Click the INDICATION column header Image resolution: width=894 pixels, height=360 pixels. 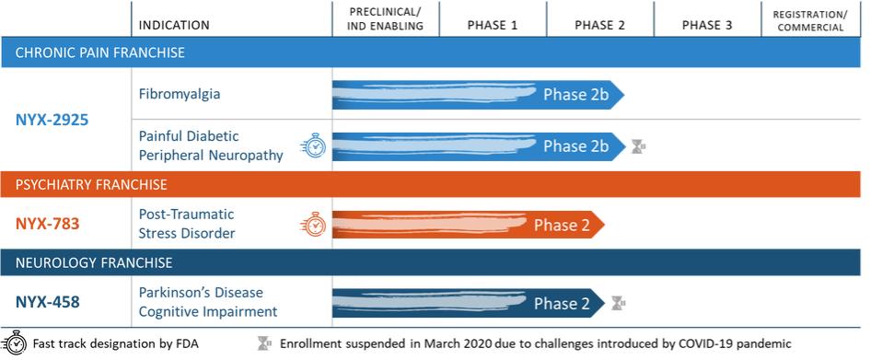(174, 25)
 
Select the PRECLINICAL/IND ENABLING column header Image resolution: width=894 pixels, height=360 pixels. (386, 18)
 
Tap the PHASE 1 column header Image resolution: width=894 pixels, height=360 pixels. (492, 25)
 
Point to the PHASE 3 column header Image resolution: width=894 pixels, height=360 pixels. (707, 25)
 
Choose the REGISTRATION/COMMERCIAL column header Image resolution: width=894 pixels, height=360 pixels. (810, 20)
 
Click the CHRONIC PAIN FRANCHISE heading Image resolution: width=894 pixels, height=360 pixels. (100, 52)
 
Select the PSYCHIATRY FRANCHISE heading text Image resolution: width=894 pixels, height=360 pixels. (91, 185)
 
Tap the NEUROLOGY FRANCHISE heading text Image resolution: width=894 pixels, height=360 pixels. (94, 262)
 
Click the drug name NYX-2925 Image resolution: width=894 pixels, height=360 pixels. (52, 120)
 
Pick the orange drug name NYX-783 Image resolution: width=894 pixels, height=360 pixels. (47, 224)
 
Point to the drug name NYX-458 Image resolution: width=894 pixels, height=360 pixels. (47, 302)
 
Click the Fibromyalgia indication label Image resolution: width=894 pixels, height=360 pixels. (180, 94)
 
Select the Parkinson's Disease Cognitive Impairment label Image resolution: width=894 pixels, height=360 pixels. (208, 302)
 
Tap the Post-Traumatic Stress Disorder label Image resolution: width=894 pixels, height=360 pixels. (187, 224)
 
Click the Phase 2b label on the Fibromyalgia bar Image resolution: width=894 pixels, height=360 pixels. (575, 95)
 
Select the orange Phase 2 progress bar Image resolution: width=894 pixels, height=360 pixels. (468, 225)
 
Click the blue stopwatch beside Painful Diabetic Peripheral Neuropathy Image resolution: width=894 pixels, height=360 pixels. (313, 145)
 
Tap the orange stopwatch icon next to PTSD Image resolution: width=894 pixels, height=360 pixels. (313, 224)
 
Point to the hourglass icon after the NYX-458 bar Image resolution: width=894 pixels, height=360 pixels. (618, 303)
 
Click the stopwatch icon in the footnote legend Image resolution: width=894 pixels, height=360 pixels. (14, 343)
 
